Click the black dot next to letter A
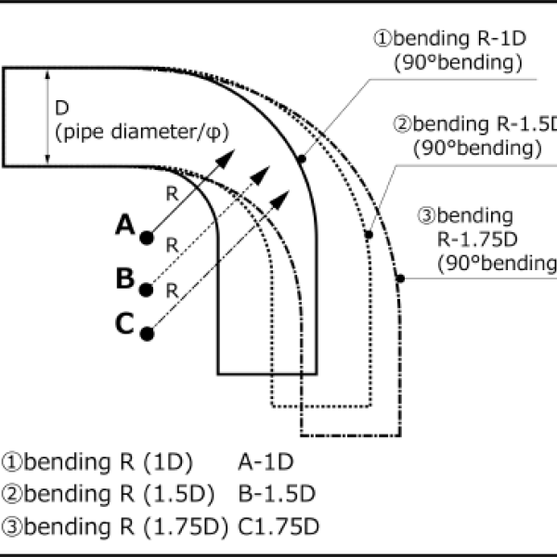click(x=147, y=238)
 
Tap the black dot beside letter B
click(x=147, y=291)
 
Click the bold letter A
click(x=125, y=225)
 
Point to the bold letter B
click(x=125, y=278)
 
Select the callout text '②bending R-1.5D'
click(x=473, y=124)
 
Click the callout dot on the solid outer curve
click(x=303, y=160)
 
